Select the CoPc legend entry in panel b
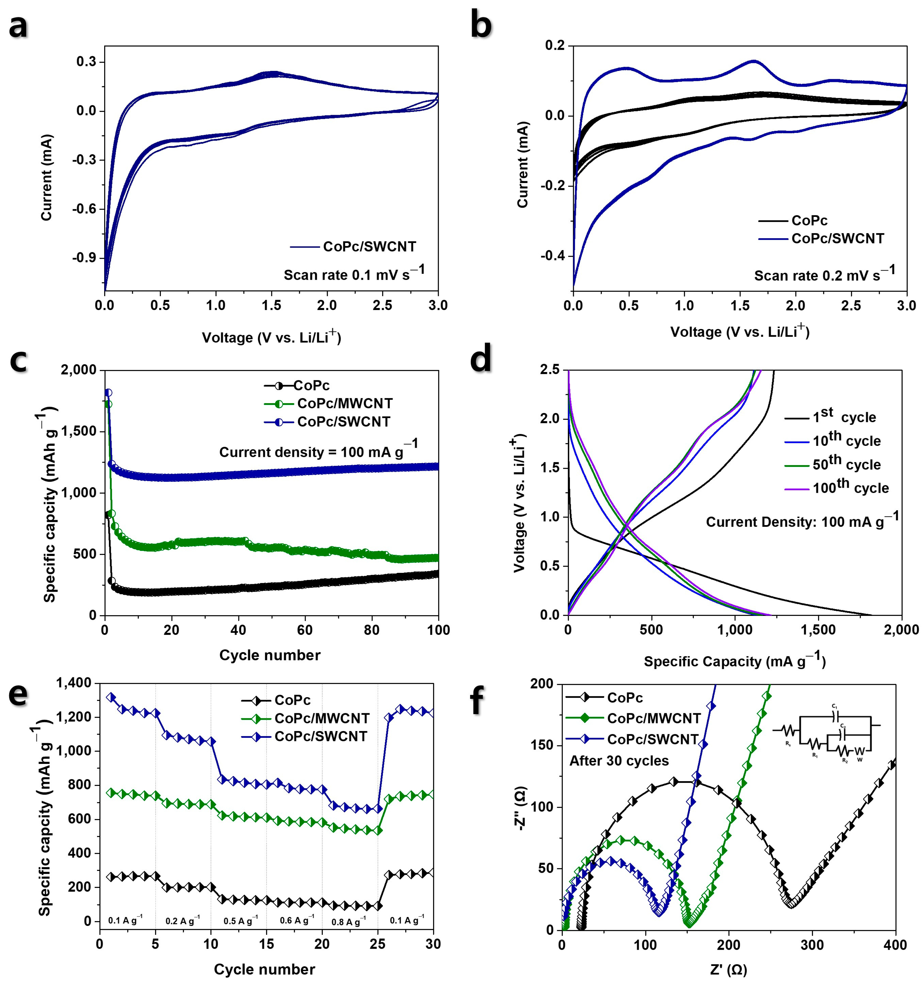coord(809,221)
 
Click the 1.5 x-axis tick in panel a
coord(271,305)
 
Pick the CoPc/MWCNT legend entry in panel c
coord(344,403)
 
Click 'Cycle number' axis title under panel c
coord(270,655)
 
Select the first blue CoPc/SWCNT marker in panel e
coord(111,697)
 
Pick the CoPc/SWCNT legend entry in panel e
coord(321,736)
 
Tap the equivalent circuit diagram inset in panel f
coord(826,732)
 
